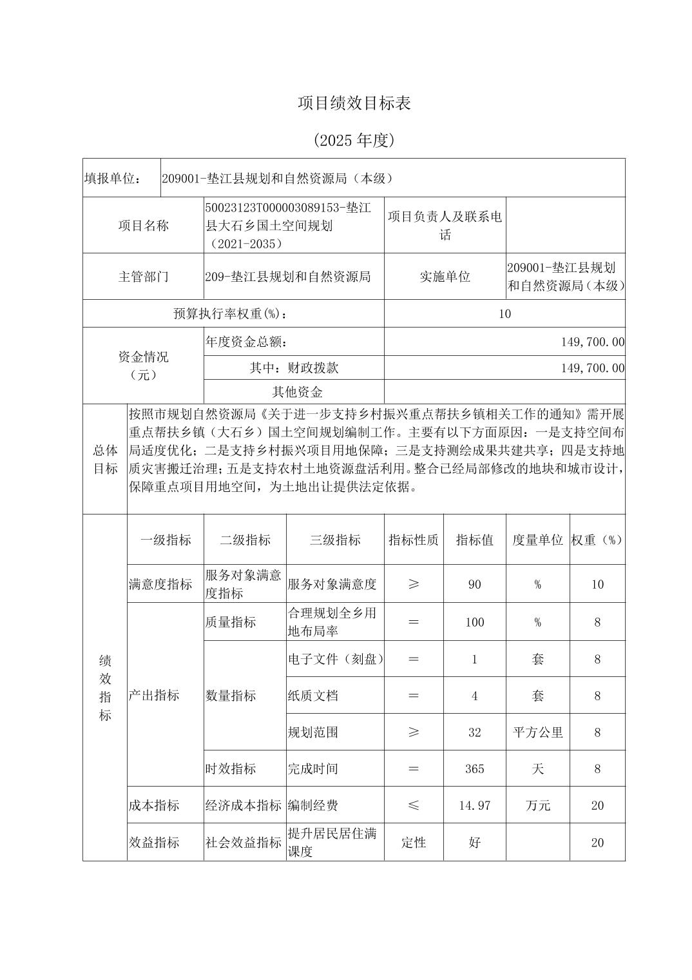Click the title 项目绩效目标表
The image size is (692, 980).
click(354, 103)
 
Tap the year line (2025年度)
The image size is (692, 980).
click(354, 140)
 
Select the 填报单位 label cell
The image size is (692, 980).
click(113, 178)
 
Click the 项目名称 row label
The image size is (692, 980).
click(143, 225)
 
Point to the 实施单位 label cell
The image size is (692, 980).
click(445, 277)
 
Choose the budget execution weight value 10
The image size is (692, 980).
click(505, 314)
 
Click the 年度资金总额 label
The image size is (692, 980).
click(246, 342)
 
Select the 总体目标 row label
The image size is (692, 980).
click(105, 459)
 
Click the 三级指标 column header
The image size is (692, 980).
click(335, 540)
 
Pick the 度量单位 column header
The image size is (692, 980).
click(537, 540)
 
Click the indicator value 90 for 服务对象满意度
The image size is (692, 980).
click(475, 584)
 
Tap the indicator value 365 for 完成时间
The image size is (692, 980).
click(475, 769)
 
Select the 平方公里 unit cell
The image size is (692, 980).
click(537, 732)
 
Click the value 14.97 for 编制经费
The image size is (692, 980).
click(475, 805)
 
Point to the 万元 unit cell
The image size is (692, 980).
click(537, 805)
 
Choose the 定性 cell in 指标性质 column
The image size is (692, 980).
click(414, 842)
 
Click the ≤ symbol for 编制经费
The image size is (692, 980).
click(414, 805)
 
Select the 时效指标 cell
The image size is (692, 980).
click(231, 769)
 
